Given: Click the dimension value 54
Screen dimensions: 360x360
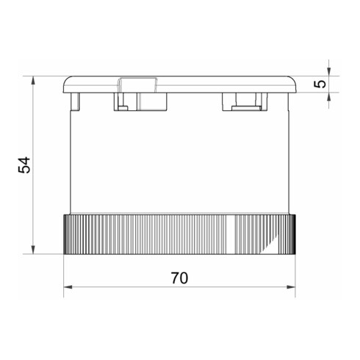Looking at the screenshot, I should [24, 165].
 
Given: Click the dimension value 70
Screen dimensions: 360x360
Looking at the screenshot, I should [179, 278].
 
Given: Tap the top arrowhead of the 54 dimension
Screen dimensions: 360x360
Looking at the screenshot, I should [34, 79].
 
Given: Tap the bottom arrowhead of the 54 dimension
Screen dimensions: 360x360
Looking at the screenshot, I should [34, 250].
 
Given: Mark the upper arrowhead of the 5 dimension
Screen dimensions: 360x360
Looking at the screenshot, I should [328, 71].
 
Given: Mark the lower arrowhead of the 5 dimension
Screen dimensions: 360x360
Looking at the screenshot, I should [328, 96].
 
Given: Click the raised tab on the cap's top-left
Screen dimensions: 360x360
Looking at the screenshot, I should [137, 83].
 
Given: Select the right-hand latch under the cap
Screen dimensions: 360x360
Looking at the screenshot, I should [243, 103].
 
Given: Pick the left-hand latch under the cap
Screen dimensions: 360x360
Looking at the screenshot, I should [122, 102].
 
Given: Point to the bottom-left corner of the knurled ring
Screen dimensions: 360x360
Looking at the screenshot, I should [65, 253].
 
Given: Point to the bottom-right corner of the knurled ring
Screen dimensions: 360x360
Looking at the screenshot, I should [295, 253].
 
